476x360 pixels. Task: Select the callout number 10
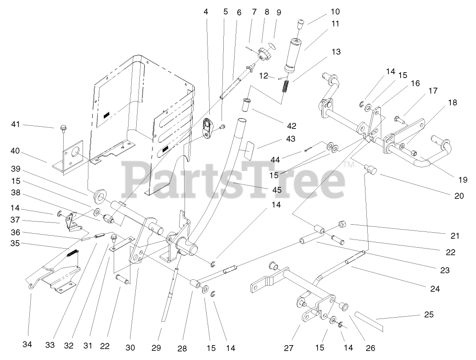(322, 11)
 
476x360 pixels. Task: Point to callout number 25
(429, 314)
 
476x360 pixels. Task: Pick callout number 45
(277, 190)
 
